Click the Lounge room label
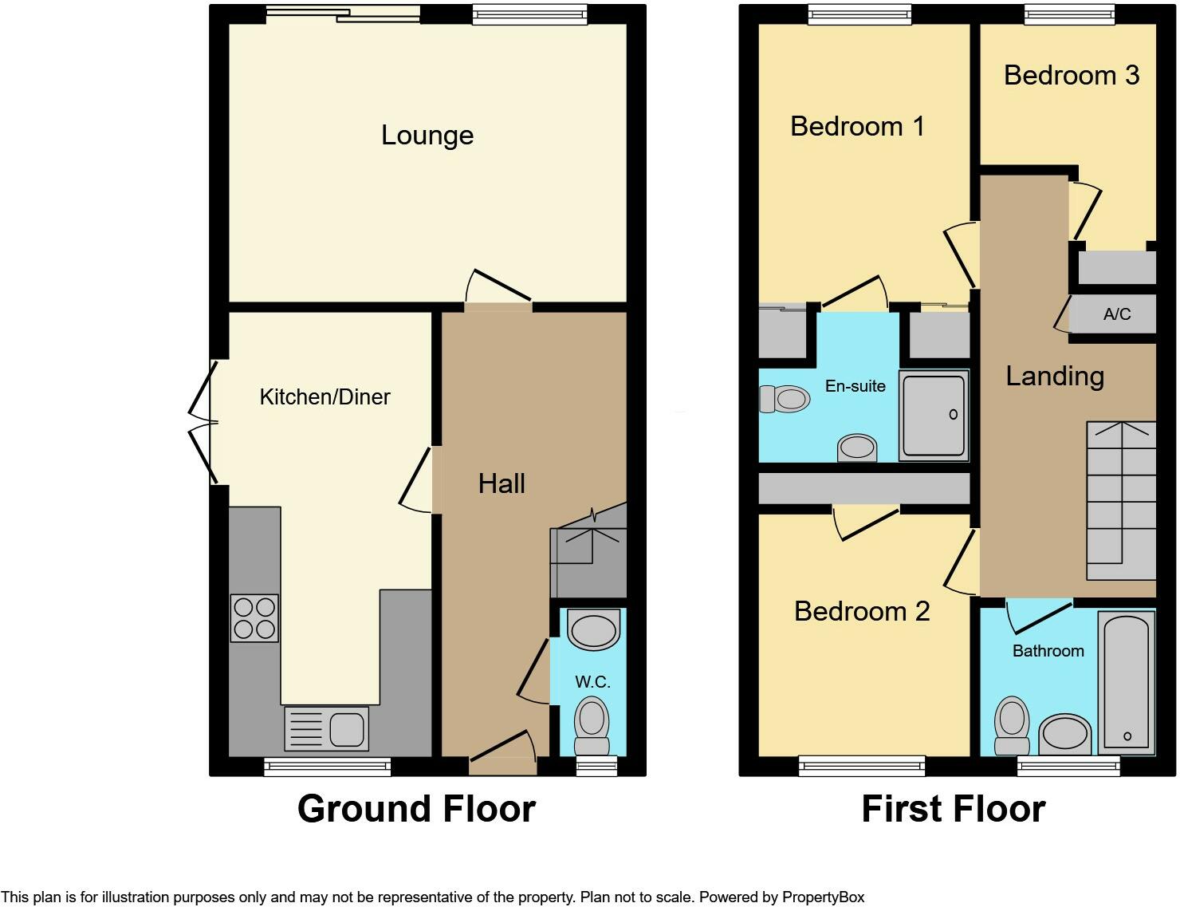tap(427, 136)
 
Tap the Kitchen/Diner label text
tap(324, 396)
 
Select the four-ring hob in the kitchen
tap(254, 618)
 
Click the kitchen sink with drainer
tap(326, 728)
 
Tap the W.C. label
tap(592, 682)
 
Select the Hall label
tap(501, 483)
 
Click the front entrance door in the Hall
tap(503, 755)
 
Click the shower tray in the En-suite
tap(934, 416)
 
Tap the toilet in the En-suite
tap(784, 399)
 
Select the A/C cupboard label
tap(1116, 314)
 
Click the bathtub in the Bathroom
tap(1126, 683)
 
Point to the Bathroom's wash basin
tap(1065, 733)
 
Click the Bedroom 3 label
tap(1071, 75)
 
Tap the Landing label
tap(1054, 376)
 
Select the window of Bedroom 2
tap(862, 767)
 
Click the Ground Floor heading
tap(416, 809)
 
